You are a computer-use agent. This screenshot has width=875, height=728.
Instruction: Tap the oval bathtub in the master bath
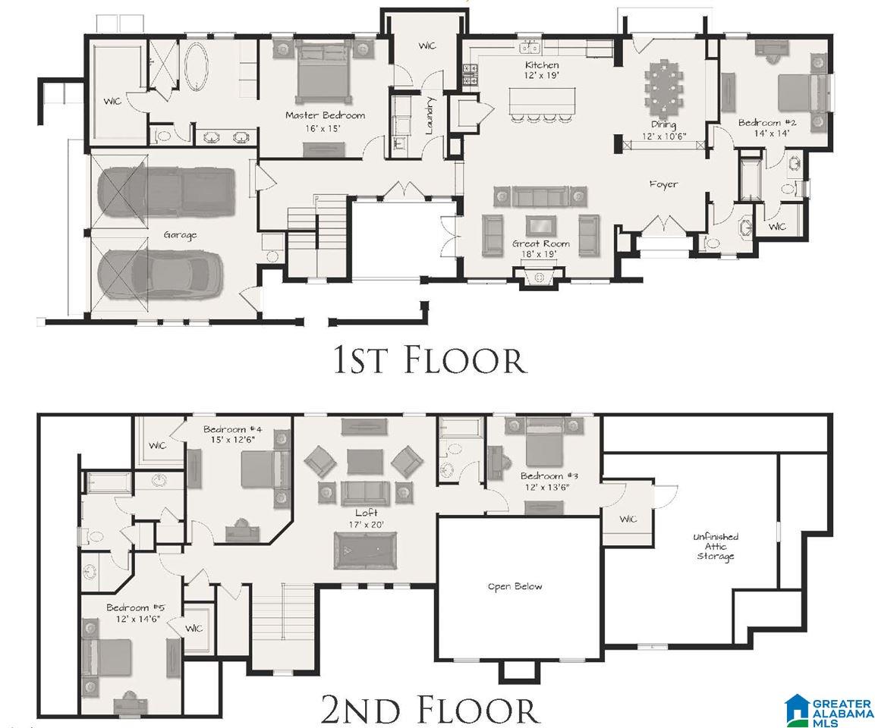[197, 67]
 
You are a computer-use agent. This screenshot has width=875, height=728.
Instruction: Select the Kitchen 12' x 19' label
[542, 70]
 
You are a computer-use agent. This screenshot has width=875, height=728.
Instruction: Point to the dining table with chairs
[663, 84]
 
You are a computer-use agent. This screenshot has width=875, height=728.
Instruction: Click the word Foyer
[663, 184]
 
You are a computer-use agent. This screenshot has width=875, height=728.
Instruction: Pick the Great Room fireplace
[539, 278]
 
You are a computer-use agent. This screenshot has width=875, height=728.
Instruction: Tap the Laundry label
[430, 116]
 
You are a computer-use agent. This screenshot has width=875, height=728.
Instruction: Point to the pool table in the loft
[366, 551]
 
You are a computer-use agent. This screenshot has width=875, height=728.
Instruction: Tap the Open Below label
[515, 586]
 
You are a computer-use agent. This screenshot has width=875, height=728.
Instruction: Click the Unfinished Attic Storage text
[716, 546]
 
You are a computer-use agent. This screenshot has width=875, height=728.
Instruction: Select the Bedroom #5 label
[136, 613]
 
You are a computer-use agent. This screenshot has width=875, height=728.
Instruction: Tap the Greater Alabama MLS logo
[828, 710]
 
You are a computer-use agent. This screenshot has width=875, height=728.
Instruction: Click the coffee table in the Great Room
[541, 226]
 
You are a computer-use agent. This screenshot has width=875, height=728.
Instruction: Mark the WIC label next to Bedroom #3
[628, 519]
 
